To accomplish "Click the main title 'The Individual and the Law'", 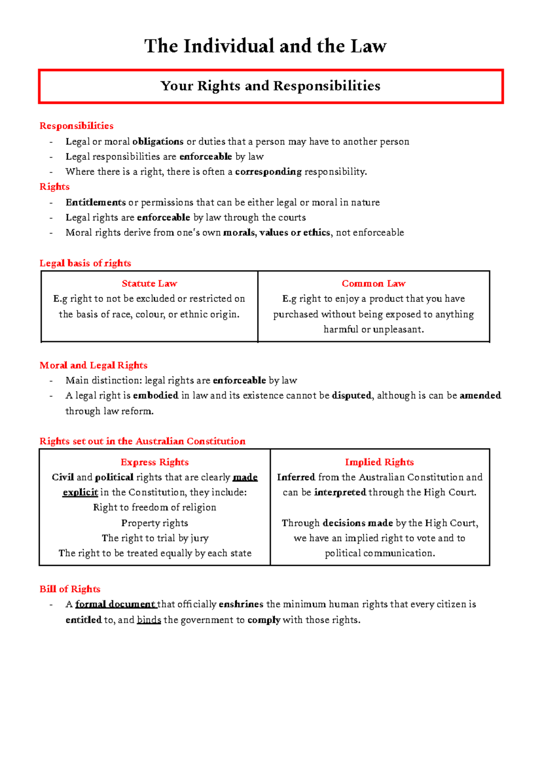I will [265, 46].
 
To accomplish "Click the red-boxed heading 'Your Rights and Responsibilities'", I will [270, 86].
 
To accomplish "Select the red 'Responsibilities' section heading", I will [76, 126].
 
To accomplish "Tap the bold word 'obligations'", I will [158, 141].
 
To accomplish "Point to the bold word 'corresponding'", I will [268, 172].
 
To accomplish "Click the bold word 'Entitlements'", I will [95, 202].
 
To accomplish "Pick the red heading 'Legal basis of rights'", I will [85, 263].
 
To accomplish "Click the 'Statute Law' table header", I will [149, 284].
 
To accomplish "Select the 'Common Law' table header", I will [374, 284].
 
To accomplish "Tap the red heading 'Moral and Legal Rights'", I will [93, 365].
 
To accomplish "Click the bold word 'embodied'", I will [155, 396].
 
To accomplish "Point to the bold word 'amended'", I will [480, 396].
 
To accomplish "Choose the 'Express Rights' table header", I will [154, 462].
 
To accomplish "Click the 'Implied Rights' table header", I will [379, 462].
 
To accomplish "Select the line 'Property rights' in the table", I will [154, 523].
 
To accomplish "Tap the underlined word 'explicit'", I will [80, 492].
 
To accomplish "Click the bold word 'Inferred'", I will [296, 477].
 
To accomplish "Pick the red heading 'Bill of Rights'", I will [70, 589].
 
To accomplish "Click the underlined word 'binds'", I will [149, 620].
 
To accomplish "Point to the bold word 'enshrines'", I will [241, 604].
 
